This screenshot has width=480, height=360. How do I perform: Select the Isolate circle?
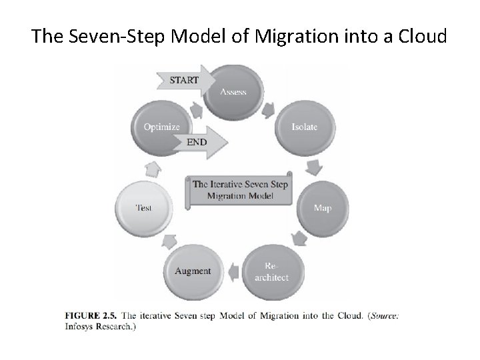(x=303, y=127)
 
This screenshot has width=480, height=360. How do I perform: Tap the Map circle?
(x=322, y=207)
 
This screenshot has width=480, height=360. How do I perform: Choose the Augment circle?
(x=193, y=271)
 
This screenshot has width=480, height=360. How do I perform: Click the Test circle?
(x=143, y=207)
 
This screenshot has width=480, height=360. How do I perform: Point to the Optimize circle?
(x=162, y=127)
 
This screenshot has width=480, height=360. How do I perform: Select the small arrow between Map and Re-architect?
(x=299, y=237)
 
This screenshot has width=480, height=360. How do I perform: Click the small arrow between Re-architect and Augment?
(x=233, y=271)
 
